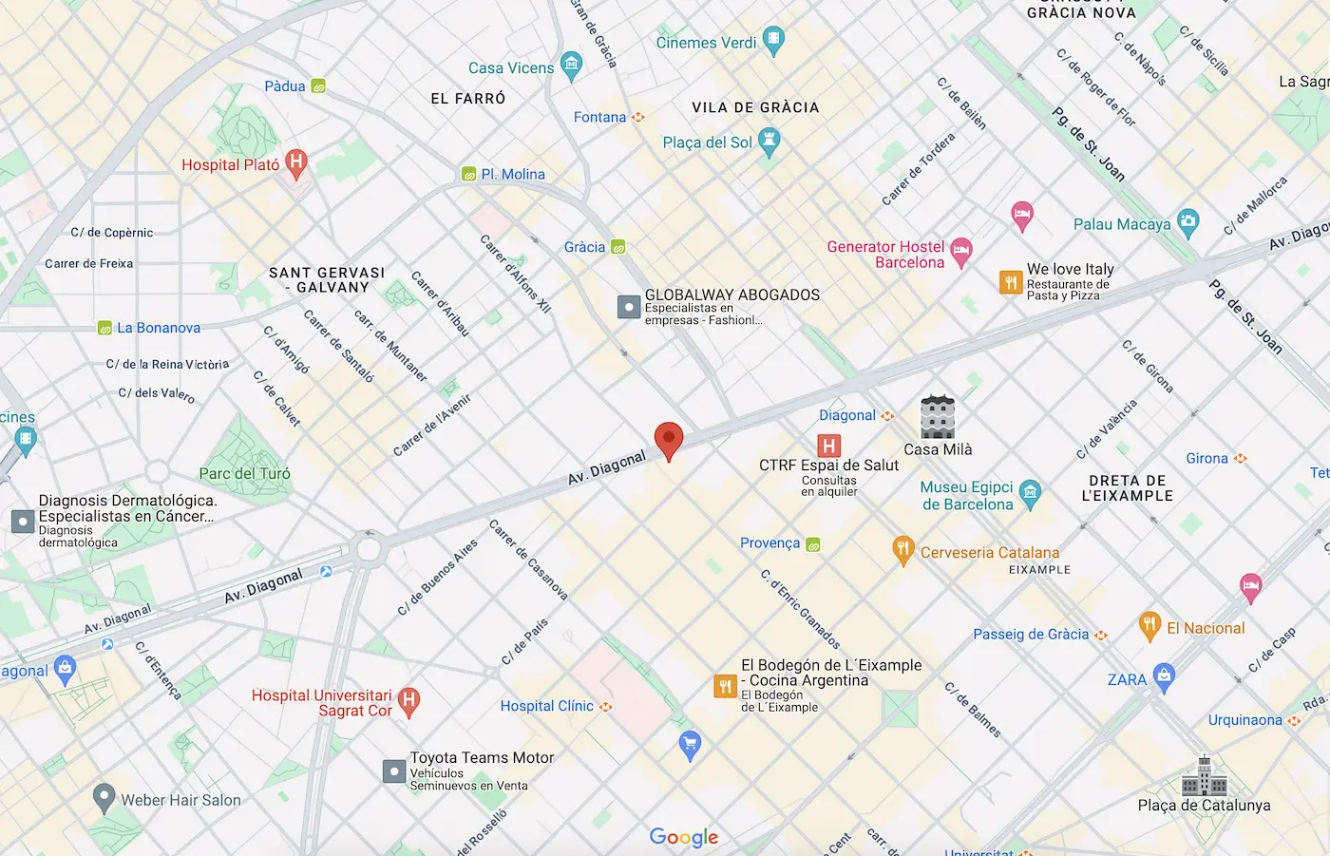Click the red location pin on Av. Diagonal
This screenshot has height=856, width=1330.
coord(669,440)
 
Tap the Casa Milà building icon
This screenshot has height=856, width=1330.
coord(937,417)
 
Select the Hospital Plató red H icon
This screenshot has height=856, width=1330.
coord(296,162)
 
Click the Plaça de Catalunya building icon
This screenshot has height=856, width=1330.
coord(1204,776)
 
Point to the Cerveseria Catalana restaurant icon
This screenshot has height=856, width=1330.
coord(902,550)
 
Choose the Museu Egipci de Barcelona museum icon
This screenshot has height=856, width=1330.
coord(1030,493)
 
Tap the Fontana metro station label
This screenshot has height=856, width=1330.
coord(599,117)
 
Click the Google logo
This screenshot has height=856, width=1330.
coord(684,837)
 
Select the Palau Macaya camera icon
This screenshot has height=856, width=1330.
coord(1187,223)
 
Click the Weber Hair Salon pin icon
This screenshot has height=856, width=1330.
coord(104,798)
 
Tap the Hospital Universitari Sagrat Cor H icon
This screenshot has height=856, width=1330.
coord(408,701)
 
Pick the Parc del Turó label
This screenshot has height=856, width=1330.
coord(244,473)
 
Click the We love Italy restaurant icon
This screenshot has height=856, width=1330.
coord(1011,282)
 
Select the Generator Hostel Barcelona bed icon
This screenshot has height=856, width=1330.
coord(961,252)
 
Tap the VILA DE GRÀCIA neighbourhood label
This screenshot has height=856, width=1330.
coord(755,107)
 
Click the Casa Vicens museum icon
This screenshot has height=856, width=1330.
coord(571,66)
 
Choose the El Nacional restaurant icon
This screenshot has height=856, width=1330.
coord(1149,626)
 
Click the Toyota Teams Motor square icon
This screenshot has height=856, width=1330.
coord(394,770)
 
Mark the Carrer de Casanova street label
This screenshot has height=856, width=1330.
coord(528,560)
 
